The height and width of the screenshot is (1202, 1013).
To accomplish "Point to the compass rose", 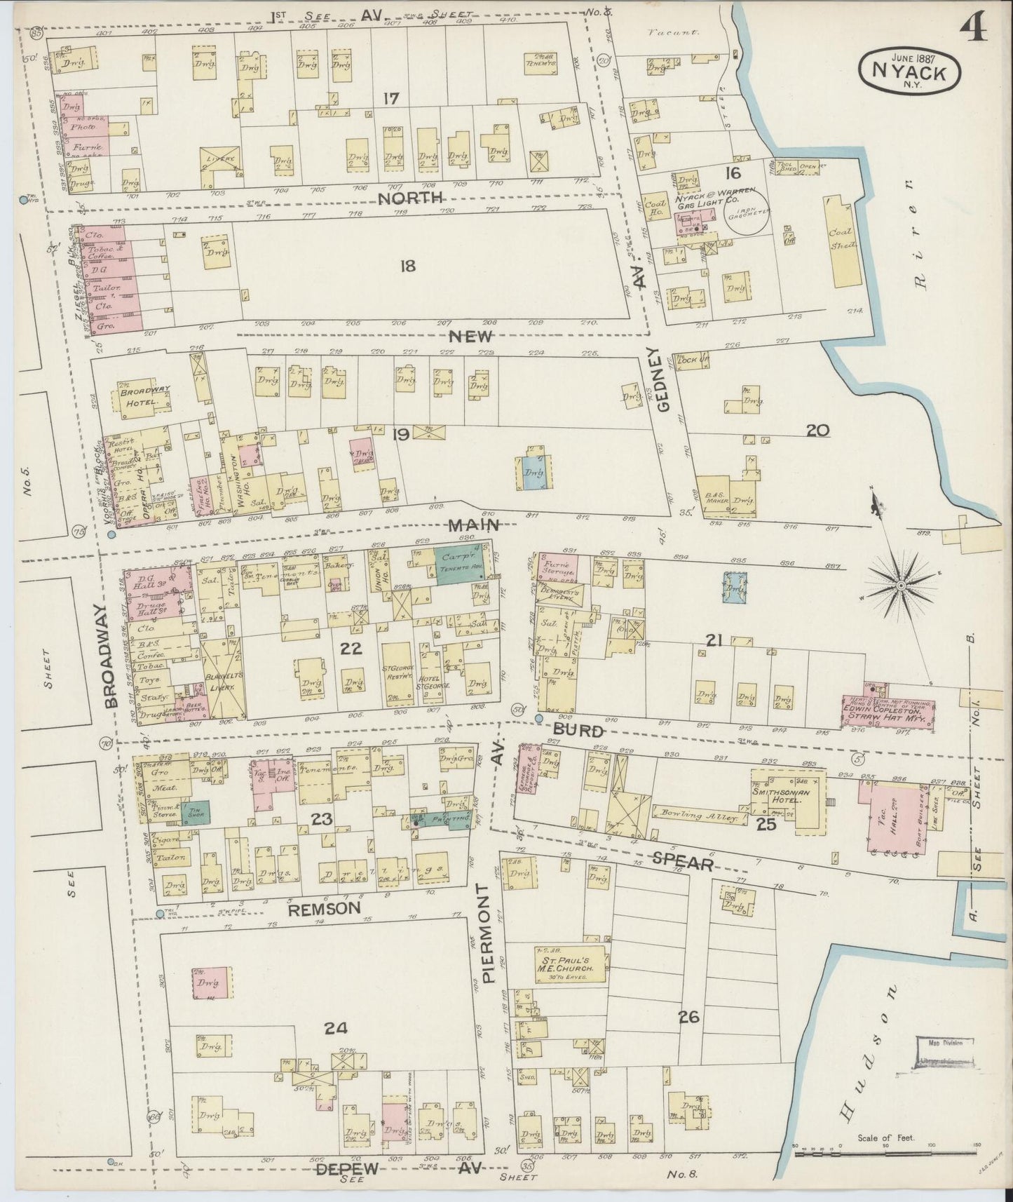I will click(x=900, y=583).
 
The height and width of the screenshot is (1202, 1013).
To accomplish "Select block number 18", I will click(x=407, y=266).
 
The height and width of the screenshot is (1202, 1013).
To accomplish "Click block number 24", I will click(x=335, y=1028).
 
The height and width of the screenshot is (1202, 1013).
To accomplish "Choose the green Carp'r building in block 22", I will click(x=460, y=566).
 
